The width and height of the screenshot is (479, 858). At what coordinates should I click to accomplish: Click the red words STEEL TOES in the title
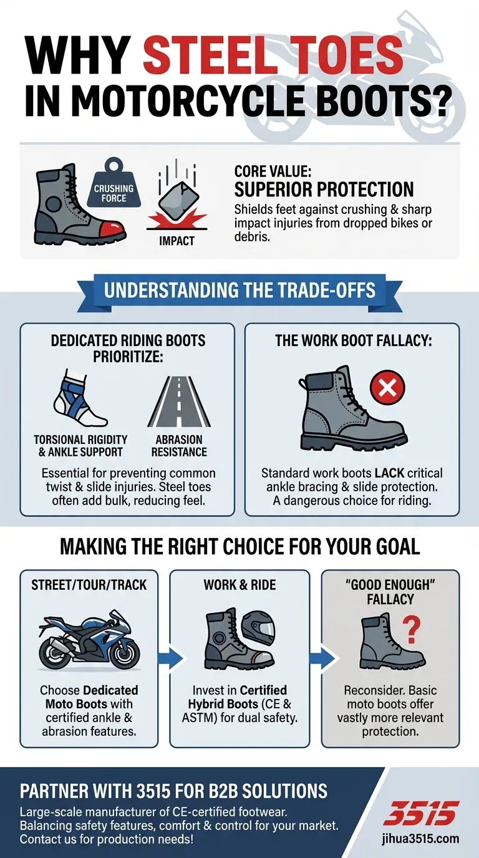click(273, 55)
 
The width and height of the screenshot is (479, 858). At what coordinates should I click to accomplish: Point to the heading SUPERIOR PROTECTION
click(324, 189)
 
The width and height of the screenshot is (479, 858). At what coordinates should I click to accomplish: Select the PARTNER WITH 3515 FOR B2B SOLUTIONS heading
click(173, 791)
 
